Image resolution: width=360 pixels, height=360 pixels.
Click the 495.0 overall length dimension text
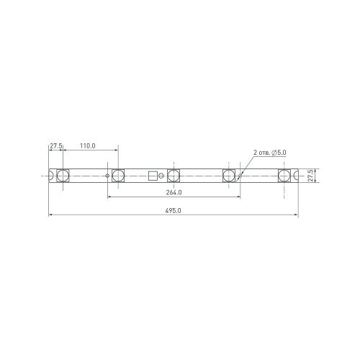[x=174, y=211]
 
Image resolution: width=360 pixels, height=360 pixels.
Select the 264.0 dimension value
[x=174, y=193]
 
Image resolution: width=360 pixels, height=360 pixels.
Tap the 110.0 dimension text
[x=87, y=146]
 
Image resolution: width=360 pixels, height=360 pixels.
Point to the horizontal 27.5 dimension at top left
[x=55, y=146]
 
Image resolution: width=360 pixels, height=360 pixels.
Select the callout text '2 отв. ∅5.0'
[x=270, y=153]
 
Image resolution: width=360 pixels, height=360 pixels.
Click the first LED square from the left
[x=63, y=176]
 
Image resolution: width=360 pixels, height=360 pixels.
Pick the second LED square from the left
[x=119, y=176]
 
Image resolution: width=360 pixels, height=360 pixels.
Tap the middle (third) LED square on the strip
[x=174, y=176]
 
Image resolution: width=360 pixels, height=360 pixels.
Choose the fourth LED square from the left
[x=229, y=176]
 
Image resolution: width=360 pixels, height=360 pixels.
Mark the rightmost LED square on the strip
[x=284, y=176]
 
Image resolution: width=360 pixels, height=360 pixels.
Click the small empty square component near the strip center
[x=152, y=176]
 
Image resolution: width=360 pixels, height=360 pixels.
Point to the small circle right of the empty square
[x=161, y=176]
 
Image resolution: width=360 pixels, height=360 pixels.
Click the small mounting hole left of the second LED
[x=107, y=176]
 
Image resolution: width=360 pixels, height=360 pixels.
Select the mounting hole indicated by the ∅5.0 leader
[x=240, y=176]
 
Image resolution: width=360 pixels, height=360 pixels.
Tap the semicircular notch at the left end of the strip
[x=50, y=176]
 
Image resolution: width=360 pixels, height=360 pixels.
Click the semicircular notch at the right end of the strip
[x=297, y=176]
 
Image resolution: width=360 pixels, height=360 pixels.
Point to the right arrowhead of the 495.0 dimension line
[x=297, y=215]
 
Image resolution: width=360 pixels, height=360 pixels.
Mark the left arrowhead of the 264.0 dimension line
[x=109, y=197]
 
